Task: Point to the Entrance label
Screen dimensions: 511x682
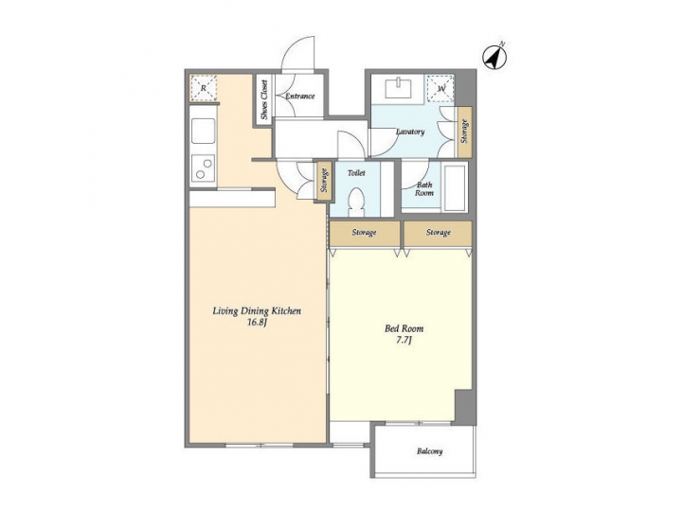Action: click(300, 97)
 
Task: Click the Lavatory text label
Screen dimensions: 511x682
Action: click(409, 132)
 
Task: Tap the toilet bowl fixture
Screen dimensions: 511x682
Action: click(356, 203)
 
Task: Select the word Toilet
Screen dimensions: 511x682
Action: click(356, 173)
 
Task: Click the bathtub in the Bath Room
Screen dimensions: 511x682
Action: click(455, 188)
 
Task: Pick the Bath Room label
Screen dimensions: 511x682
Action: click(424, 188)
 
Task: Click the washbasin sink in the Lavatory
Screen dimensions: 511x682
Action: click(397, 90)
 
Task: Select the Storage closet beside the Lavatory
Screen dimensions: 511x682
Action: click(464, 131)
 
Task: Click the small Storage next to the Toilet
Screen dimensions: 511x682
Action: click(324, 181)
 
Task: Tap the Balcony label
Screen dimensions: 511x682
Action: click(429, 451)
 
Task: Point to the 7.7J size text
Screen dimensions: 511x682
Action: click(404, 341)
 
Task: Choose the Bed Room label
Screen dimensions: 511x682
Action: click(404, 328)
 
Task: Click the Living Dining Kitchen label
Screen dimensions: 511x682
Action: click(256, 310)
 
